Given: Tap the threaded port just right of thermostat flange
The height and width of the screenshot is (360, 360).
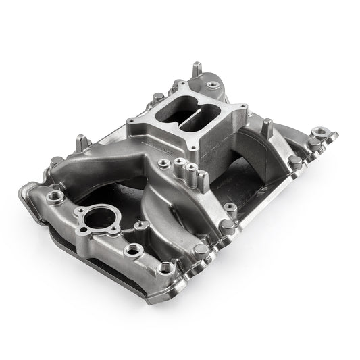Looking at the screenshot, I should tap(140, 226).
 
